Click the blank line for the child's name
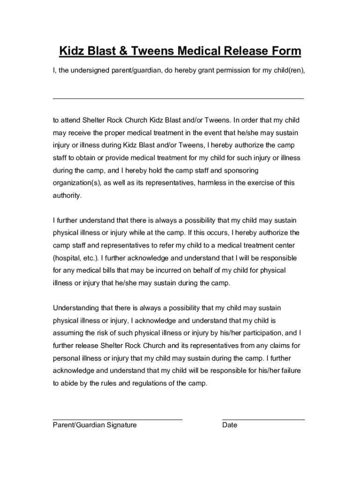[x=178, y=98]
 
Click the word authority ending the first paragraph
[x=67, y=196]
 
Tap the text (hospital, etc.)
[x=76, y=258]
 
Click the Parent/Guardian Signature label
[x=94, y=425]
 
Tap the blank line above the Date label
[x=263, y=419]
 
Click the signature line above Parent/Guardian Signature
[x=117, y=419]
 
